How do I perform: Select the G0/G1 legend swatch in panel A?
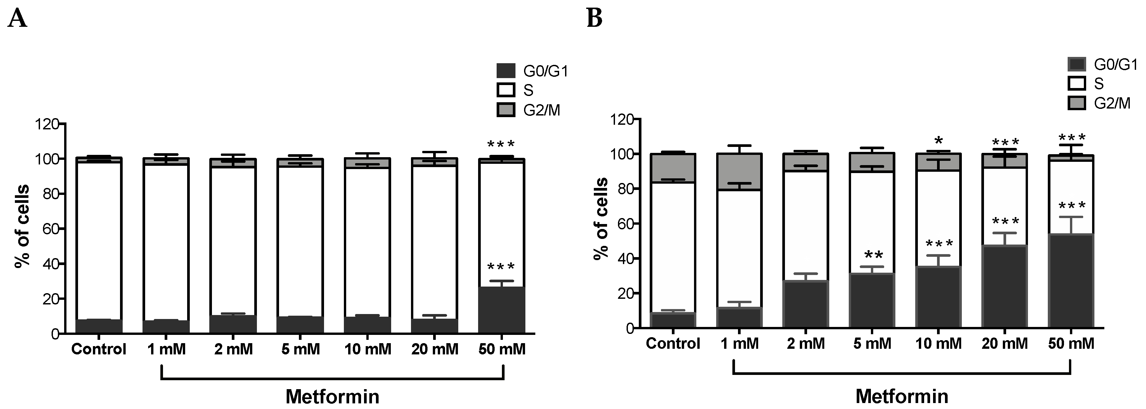tap(506, 71)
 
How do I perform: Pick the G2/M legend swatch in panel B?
tap(1077, 103)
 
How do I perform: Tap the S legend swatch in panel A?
tap(506, 90)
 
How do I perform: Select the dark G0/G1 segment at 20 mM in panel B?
tap(1004, 287)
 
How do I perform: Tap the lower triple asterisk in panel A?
tap(501, 267)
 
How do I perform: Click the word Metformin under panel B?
tap(901, 396)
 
